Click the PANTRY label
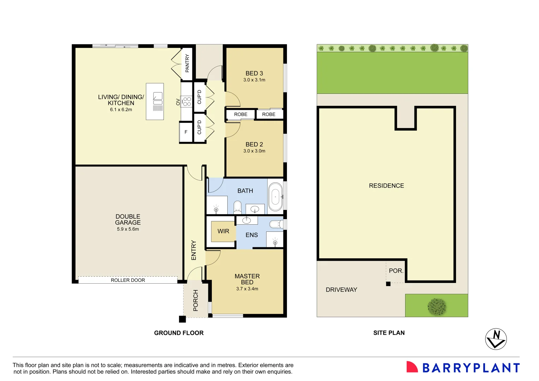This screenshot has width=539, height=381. [187, 63]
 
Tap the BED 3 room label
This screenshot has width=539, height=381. [254, 73]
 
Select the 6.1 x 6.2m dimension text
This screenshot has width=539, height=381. [121, 110]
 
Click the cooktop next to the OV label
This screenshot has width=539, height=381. [186, 102]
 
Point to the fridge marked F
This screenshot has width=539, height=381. [186, 132]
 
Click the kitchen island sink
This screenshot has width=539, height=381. [158, 98]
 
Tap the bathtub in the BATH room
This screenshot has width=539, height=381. [275, 196]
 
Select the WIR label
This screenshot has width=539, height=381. [223, 231]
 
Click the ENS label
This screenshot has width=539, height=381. [252, 235]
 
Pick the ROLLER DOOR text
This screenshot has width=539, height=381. [128, 280]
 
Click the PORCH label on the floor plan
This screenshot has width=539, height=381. [196, 300]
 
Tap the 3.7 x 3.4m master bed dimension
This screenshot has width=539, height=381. [247, 289]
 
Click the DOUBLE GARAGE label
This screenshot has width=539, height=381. [128, 219]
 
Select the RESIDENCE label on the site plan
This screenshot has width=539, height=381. [386, 186]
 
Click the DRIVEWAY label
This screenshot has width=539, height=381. [341, 290]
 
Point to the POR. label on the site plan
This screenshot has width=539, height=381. [396, 271]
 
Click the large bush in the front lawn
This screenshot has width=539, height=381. [437, 306]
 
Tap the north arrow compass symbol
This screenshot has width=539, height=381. [496, 339]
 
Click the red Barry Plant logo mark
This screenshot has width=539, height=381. [412, 367]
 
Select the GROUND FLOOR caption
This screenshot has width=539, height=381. [179, 333]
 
